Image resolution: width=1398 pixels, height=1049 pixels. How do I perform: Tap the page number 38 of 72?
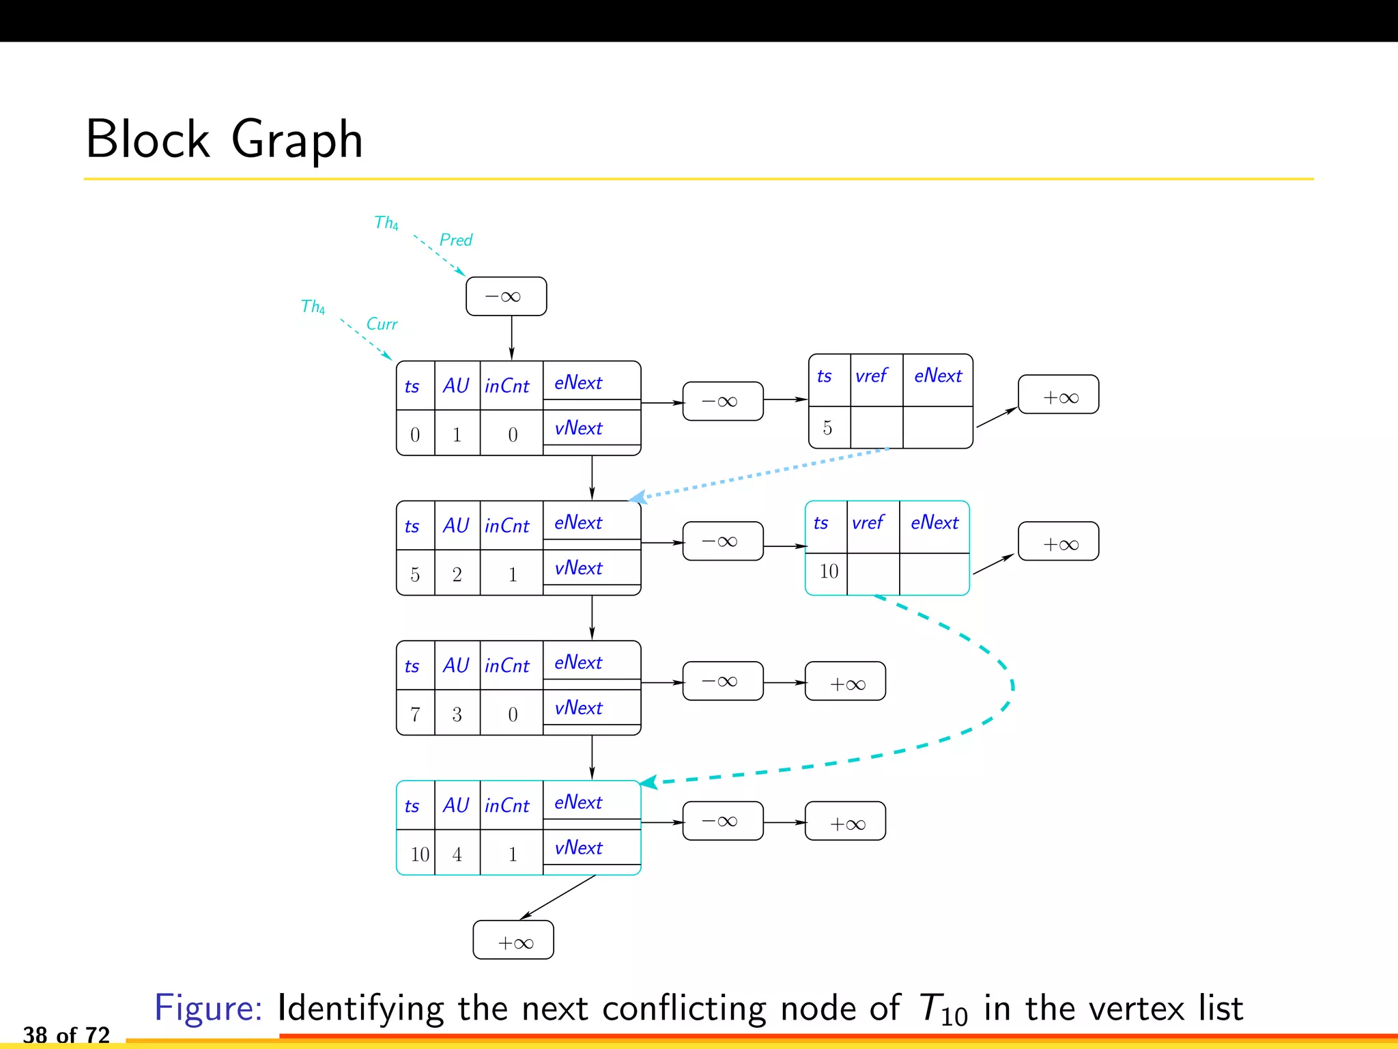pos(66,1035)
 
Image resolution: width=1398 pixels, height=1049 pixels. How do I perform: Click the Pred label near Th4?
pos(456,240)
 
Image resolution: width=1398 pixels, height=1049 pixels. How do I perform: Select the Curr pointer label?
pos(382,324)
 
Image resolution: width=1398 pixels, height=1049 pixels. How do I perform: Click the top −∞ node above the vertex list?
pos(506,296)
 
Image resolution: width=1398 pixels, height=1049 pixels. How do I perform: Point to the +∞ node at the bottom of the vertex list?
pos(513,940)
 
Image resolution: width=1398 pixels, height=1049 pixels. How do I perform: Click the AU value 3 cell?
pos(457,714)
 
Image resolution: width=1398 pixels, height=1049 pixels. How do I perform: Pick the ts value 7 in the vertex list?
pos(415,714)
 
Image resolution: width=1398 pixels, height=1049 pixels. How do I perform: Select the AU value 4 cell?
pos(457,854)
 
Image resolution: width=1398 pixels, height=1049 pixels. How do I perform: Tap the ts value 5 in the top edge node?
pos(828,428)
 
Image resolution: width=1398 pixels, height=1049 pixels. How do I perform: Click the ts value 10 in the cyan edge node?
pos(829,572)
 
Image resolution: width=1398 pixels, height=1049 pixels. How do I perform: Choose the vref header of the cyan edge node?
pos(868,523)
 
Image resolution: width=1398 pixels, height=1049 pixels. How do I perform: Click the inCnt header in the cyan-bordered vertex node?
pos(507,806)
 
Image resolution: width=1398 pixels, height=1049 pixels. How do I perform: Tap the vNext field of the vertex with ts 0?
pos(579,429)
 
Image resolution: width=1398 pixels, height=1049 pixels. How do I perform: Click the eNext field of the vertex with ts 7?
pos(579,662)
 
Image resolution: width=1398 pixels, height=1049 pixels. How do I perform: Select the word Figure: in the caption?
pos(208,1008)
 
